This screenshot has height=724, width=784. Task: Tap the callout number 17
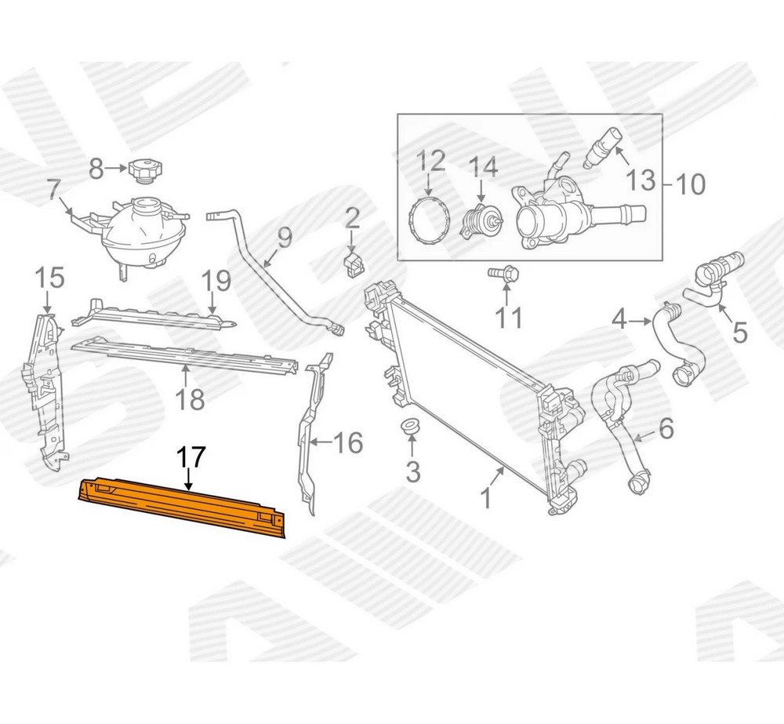[x=191, y=457]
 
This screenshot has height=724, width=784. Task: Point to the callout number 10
[x=690, y=184]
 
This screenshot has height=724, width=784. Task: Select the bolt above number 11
[x=503, y=273]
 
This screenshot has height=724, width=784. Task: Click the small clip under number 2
[x=354, y=264]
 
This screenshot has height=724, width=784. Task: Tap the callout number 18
[x=191, y=399]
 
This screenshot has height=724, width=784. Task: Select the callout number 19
[x=216, y=281]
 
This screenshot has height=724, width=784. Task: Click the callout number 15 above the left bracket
[x=50, y=278]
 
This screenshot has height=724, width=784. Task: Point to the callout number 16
[x=348, y=443]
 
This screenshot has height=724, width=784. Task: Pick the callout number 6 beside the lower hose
[x=666, y=428]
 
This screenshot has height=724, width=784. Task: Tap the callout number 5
[x=739, y=333]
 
